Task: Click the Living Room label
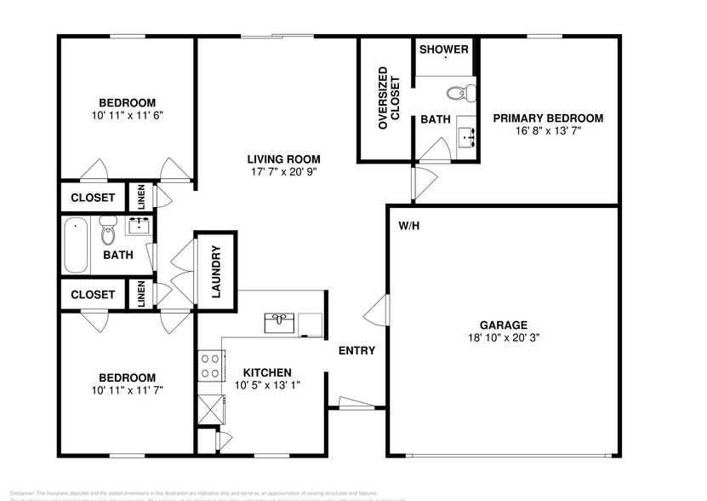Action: click(x=283, y=158)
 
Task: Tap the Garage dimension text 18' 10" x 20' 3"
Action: click(x=503, y=337)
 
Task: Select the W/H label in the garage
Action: click(x=409, y=226)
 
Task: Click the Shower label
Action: click(x=444, y=49)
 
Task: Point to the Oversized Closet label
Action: click(x=383, y=98)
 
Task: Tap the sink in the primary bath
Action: click(x=466, y=135)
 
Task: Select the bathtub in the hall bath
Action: click(x=75, y=245)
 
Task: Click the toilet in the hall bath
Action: click(x=108, y=230)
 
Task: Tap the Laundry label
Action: click(x=216, y=273)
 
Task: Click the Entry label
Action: click(x=356, y=350)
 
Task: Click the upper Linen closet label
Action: click(x=141, y=197)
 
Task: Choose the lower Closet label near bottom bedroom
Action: click(x=93, y=295)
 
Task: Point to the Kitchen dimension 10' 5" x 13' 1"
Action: click(x=267, y=385)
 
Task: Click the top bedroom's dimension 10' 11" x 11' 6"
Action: click(x=127, y=114)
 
